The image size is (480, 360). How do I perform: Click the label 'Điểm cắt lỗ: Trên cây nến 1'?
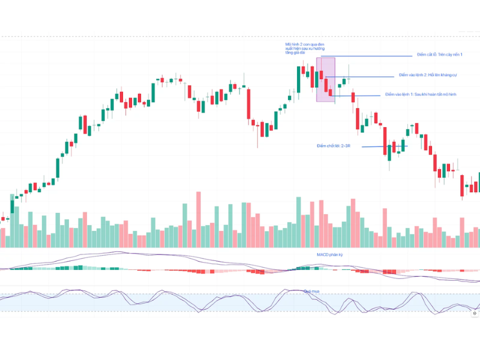coord(440,55)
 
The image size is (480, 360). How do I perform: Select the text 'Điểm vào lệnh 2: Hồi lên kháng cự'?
coord(428,75)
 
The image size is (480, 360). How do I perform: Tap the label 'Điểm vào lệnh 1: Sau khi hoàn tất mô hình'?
coord(421,95)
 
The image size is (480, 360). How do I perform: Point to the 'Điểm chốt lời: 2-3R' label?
coord(333,146)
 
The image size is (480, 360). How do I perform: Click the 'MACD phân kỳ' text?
coord(329,255)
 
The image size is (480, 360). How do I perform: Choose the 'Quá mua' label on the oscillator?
coord(311,291)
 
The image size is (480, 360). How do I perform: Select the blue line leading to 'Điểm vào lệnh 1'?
coord(360,95)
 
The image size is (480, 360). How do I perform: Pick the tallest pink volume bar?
coord(199,219)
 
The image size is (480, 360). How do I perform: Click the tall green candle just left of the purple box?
coord(299,79)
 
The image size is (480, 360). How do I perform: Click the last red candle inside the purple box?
coord(330,92)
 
